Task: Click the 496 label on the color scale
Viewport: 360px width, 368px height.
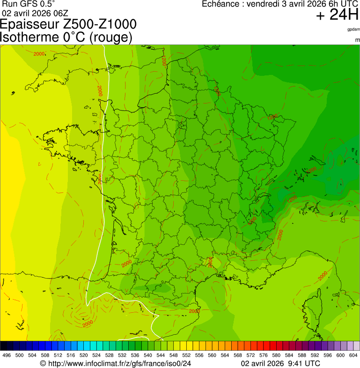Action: point(7,355)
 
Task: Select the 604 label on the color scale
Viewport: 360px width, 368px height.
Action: point(353,355)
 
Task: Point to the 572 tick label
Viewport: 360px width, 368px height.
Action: point(250,355)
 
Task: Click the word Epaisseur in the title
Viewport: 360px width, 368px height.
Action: point(34,25)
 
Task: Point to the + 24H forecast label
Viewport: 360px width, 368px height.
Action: point(337,15)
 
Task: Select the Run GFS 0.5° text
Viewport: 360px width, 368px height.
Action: point(29,4)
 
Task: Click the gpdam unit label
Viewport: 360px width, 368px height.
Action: point(353,29)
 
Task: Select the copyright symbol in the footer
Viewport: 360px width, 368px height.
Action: point(43,363)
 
